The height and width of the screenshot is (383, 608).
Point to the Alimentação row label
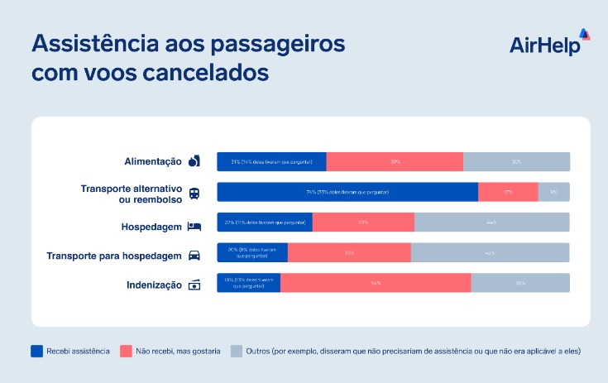tap(146, 161)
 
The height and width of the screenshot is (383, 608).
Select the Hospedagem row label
tap(151, 225)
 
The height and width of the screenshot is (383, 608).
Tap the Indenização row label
tap(154, 285)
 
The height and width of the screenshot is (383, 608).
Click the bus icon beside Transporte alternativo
tap(194, 193)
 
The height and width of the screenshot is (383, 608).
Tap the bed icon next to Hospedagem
tap(194, 225)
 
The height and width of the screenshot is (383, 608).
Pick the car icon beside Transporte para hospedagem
tap(194, 255)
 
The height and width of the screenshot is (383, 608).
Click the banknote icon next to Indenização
tap(194, 285)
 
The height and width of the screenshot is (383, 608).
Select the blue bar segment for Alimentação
tap(271, 162)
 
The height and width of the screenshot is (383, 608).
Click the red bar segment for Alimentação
tap(395, 162)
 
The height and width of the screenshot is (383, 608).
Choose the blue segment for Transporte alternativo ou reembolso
tap(347, 192)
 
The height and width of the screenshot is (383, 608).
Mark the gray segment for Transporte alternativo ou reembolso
tap(553, 192)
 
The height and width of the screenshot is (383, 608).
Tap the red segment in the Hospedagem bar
tap(363, 223)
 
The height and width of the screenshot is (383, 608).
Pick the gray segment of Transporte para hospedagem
tap(490, 252)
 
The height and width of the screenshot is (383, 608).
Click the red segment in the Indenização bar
tap(376, 282)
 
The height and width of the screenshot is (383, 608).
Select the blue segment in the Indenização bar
tap(248, 282)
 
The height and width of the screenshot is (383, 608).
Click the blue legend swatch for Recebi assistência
tap(36, 351)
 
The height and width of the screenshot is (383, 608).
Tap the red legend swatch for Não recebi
tap(127, 351)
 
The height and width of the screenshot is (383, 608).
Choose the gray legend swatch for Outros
tap(236, 351)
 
